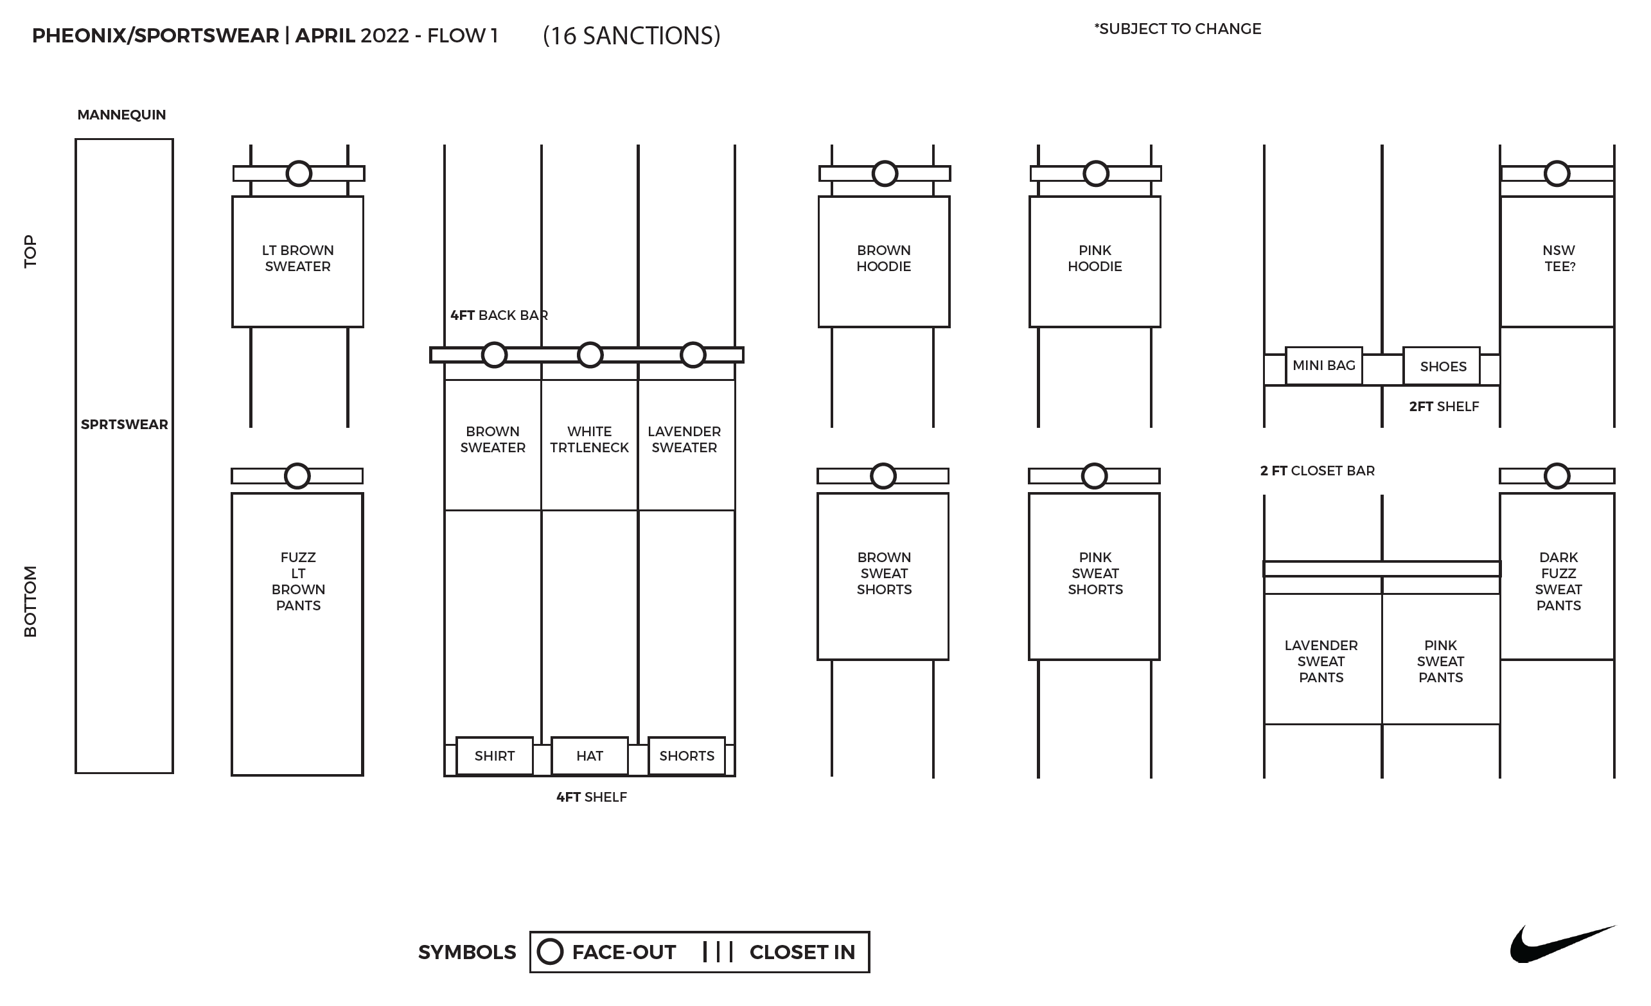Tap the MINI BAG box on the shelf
(x=1323, y=366)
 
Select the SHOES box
(x=1442, y=367)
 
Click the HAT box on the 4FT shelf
(x=589, y=756)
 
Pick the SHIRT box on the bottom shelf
(x=495, y=756)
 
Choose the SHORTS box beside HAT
(x=686, y=756)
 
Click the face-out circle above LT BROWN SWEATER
(x=299, y=173)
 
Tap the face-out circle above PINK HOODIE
(x=1095, y=173)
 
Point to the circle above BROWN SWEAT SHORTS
(x=883, y=476)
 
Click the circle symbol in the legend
(x=550, y=951)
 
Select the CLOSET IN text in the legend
(x=802, y=953)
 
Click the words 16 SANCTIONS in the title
(x=631, y=35)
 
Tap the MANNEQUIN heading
(x=121, y=114)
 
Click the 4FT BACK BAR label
(x=499, y=315)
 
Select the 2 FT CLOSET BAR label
(x=1317, y=470)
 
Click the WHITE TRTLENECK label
(x=589, y=439)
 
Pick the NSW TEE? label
(x=1558, y=258)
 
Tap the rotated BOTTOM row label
(x=31, y=601)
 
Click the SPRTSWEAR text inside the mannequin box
(x=124, y=424)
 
